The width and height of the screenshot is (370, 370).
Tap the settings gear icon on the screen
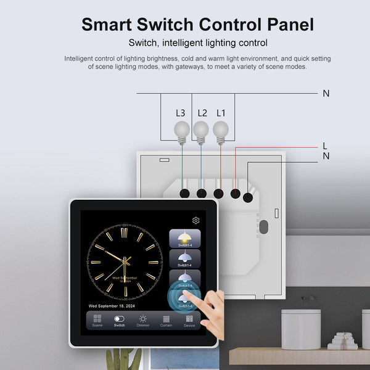pyautogui.click(x=196, y=220)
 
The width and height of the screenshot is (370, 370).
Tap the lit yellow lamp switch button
pyautogui.click(x=184, y=239)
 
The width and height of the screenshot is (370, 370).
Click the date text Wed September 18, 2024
pyautogui.click(x=112, y=305)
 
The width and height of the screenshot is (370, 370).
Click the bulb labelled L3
pyautogui.click(x=181, y=129)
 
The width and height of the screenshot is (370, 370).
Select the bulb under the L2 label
pyautogui.click(x=201, y=129)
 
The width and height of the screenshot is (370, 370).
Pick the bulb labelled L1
pyautogui.click(x=221, y=129)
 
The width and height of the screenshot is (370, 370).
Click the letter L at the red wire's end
pyautogui.click(x=325, y=146)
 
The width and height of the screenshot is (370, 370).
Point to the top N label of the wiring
pyautogui.click(x=326, y=93)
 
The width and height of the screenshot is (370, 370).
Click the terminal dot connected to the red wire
pyautogui.click(x=235, y=194)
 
